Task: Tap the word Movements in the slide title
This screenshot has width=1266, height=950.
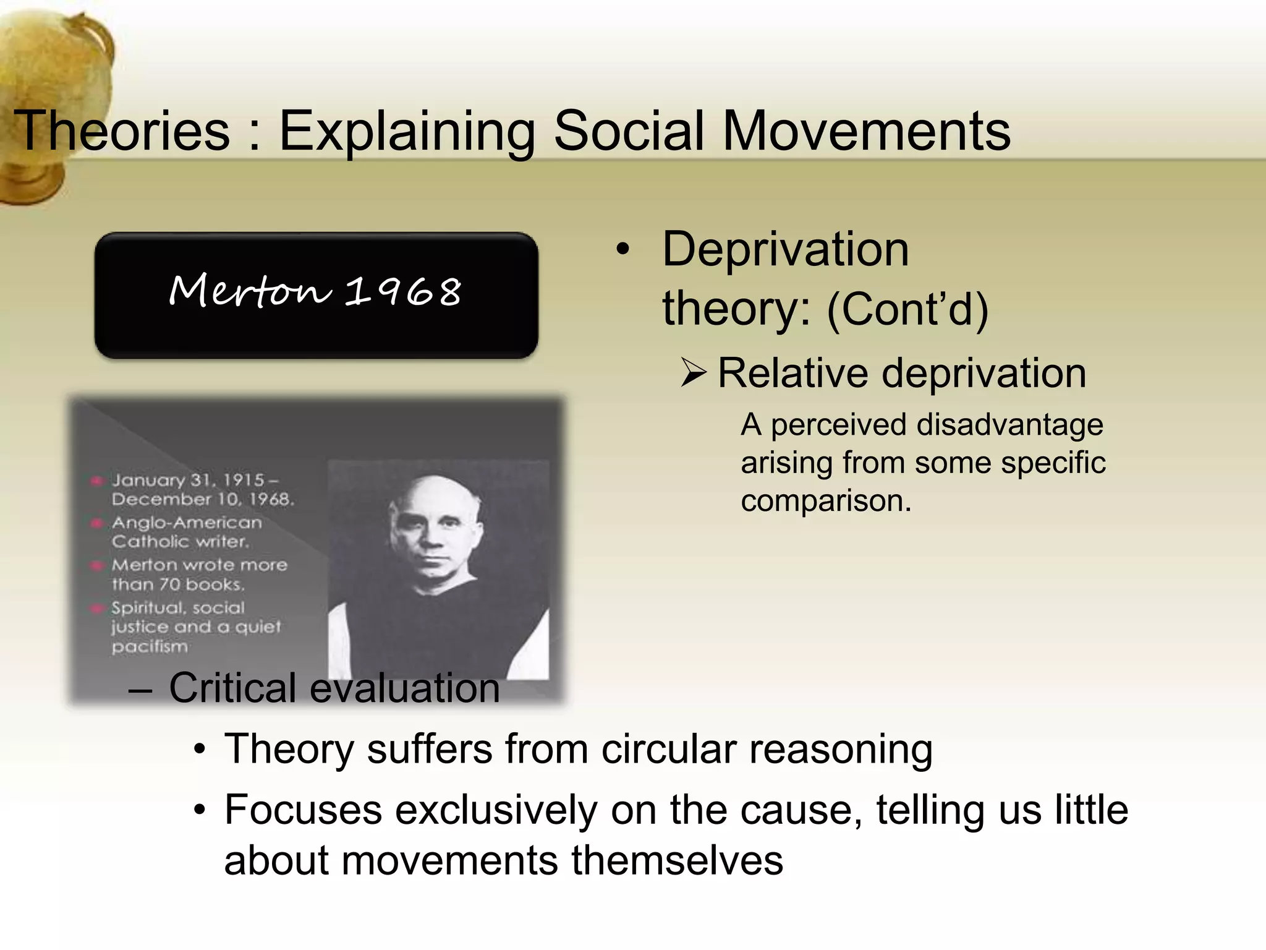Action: (x=866, y=131)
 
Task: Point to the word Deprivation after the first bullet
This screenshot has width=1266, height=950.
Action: (x=785, y=249)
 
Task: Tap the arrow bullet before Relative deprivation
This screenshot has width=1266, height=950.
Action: (x=693, y=374)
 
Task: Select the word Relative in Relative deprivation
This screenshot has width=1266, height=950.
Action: (x=792, y=374)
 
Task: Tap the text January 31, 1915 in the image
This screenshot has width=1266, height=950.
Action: (x=188, y=480)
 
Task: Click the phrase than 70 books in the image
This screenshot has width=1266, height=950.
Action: (x=178, y=584)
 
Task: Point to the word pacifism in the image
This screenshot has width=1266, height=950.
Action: (x=150, y=646)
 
